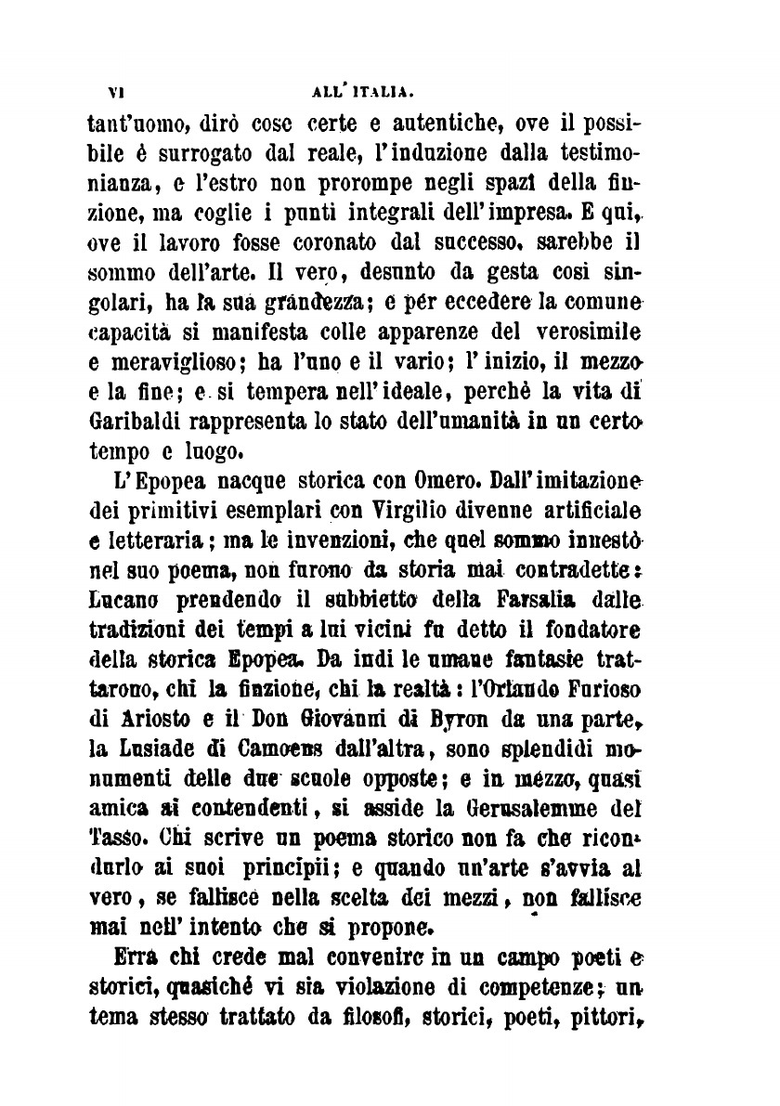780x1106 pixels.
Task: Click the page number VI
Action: [117, 93]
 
